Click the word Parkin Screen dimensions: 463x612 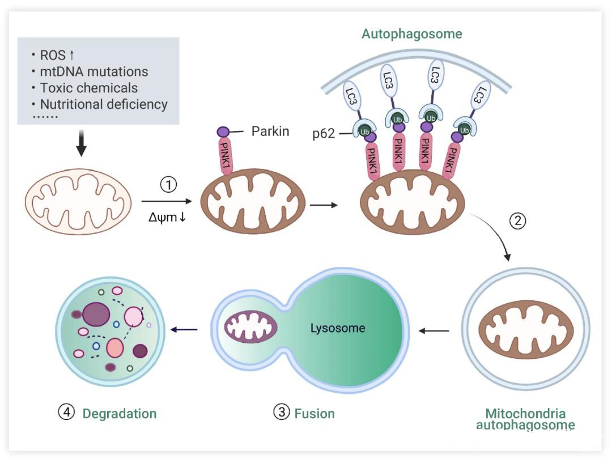pyautogui.click(x=270, y=131)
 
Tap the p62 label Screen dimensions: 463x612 pyautogui.click(x=324, y=135)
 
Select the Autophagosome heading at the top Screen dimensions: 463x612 pyautogui.click(x=412, y=34)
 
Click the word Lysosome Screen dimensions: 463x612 pyautogui.click(x=338, y=328)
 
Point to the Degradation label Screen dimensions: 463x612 pyautogui.click(x=120, y=413)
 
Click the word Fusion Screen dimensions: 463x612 pyautogui.click(x=314, y=413)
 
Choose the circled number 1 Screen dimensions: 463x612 pyautogui.click(x=169, y=184)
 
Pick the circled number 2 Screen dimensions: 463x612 pyautogui.click(x=518, y=221)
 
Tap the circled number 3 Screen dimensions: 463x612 pyautogui.click(x=282, y=413)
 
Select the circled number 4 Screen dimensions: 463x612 pyautogui.click(x=67, y=413)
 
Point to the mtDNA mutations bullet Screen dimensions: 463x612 pyautogui.click(x=94, y=72)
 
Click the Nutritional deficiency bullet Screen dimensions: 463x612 pyautogui.click(x=104, y=105)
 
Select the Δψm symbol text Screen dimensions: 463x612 pyautogui.click(x=164, y=216)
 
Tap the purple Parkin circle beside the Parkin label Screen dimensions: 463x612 pyautogui.click(x=223, y=131)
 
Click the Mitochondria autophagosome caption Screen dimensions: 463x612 pyautogui.click(x=525, y=419)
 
